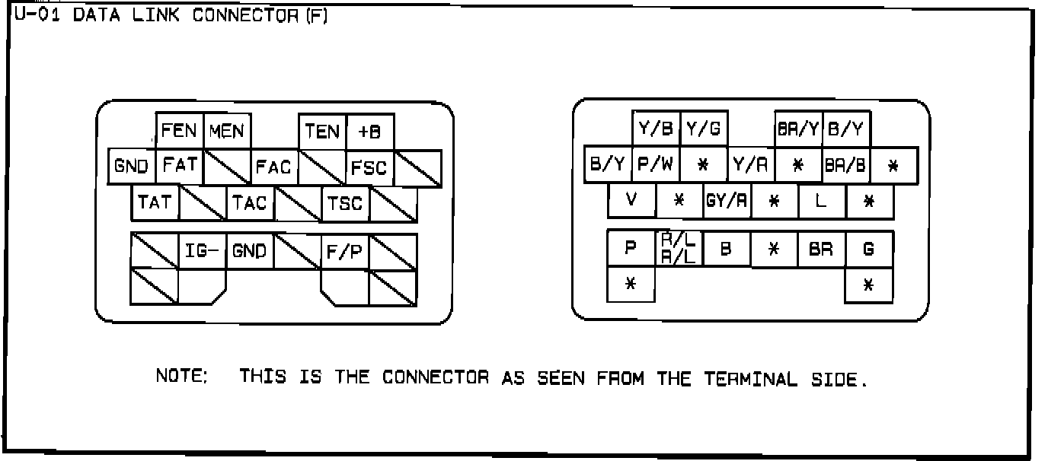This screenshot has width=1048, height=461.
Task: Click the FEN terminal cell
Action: point(180,131)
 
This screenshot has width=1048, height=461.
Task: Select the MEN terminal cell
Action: point(227,131)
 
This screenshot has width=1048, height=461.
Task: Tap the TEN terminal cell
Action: point(322,131)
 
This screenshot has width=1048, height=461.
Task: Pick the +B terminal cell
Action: point(370,131)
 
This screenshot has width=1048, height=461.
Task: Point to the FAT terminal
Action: point(180,166)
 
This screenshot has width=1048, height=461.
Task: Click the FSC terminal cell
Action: point(369,167)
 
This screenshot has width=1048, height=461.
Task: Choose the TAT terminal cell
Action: point(155,203)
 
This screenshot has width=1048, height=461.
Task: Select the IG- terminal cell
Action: point(203,250)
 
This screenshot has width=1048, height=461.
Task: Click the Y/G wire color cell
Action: point(703,128)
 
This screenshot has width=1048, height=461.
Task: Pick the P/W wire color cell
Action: point(655,164)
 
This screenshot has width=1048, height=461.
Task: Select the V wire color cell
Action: point(631,200)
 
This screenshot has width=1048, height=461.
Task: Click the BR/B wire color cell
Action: point(845,164)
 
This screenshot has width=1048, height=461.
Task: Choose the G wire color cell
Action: point(869,248)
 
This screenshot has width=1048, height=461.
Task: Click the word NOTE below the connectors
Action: point(181,377)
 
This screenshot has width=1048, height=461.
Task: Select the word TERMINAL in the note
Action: point(751,378)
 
